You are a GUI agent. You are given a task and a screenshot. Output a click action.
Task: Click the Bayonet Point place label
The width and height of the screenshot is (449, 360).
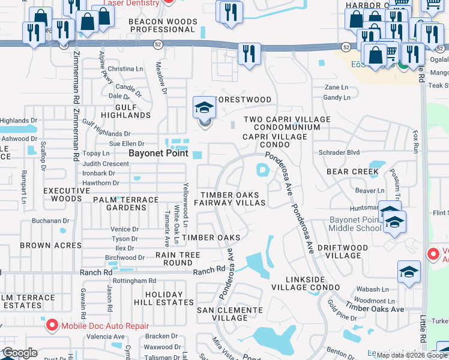tap(159, 153)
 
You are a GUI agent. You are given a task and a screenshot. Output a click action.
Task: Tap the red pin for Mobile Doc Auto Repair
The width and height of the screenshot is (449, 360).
tap(52, 325)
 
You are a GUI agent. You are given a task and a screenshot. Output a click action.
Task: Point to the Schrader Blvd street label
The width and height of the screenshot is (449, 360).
tap(339, 152)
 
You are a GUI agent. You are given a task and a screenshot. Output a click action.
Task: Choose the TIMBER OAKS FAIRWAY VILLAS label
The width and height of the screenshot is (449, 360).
tap(233, 199)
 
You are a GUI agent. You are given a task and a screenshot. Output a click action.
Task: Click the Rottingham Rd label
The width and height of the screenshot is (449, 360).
tap(134, 280)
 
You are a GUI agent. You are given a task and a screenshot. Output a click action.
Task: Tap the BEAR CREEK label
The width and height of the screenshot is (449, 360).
tap(352, 172)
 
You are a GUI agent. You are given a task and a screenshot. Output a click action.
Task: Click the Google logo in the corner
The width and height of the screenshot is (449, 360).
tap(19, 353)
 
